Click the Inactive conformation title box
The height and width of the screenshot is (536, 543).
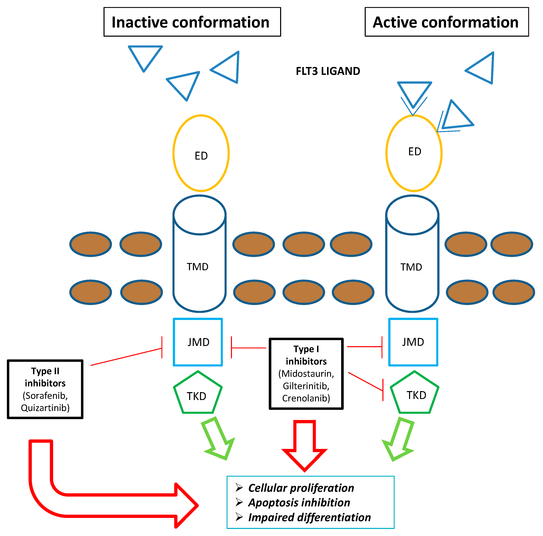(192, 22)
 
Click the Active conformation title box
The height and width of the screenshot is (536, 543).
(446, 22)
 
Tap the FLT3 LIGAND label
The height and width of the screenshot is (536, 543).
(328, 71)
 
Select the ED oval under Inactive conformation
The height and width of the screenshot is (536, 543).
(201, 153)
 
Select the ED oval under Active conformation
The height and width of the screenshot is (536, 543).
(414, 153)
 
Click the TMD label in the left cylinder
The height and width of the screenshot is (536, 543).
(198, 266)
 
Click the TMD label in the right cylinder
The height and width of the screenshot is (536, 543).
(411, 267)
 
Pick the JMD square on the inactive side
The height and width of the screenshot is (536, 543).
(198, 342)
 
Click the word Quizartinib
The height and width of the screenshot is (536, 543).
(45, 408)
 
